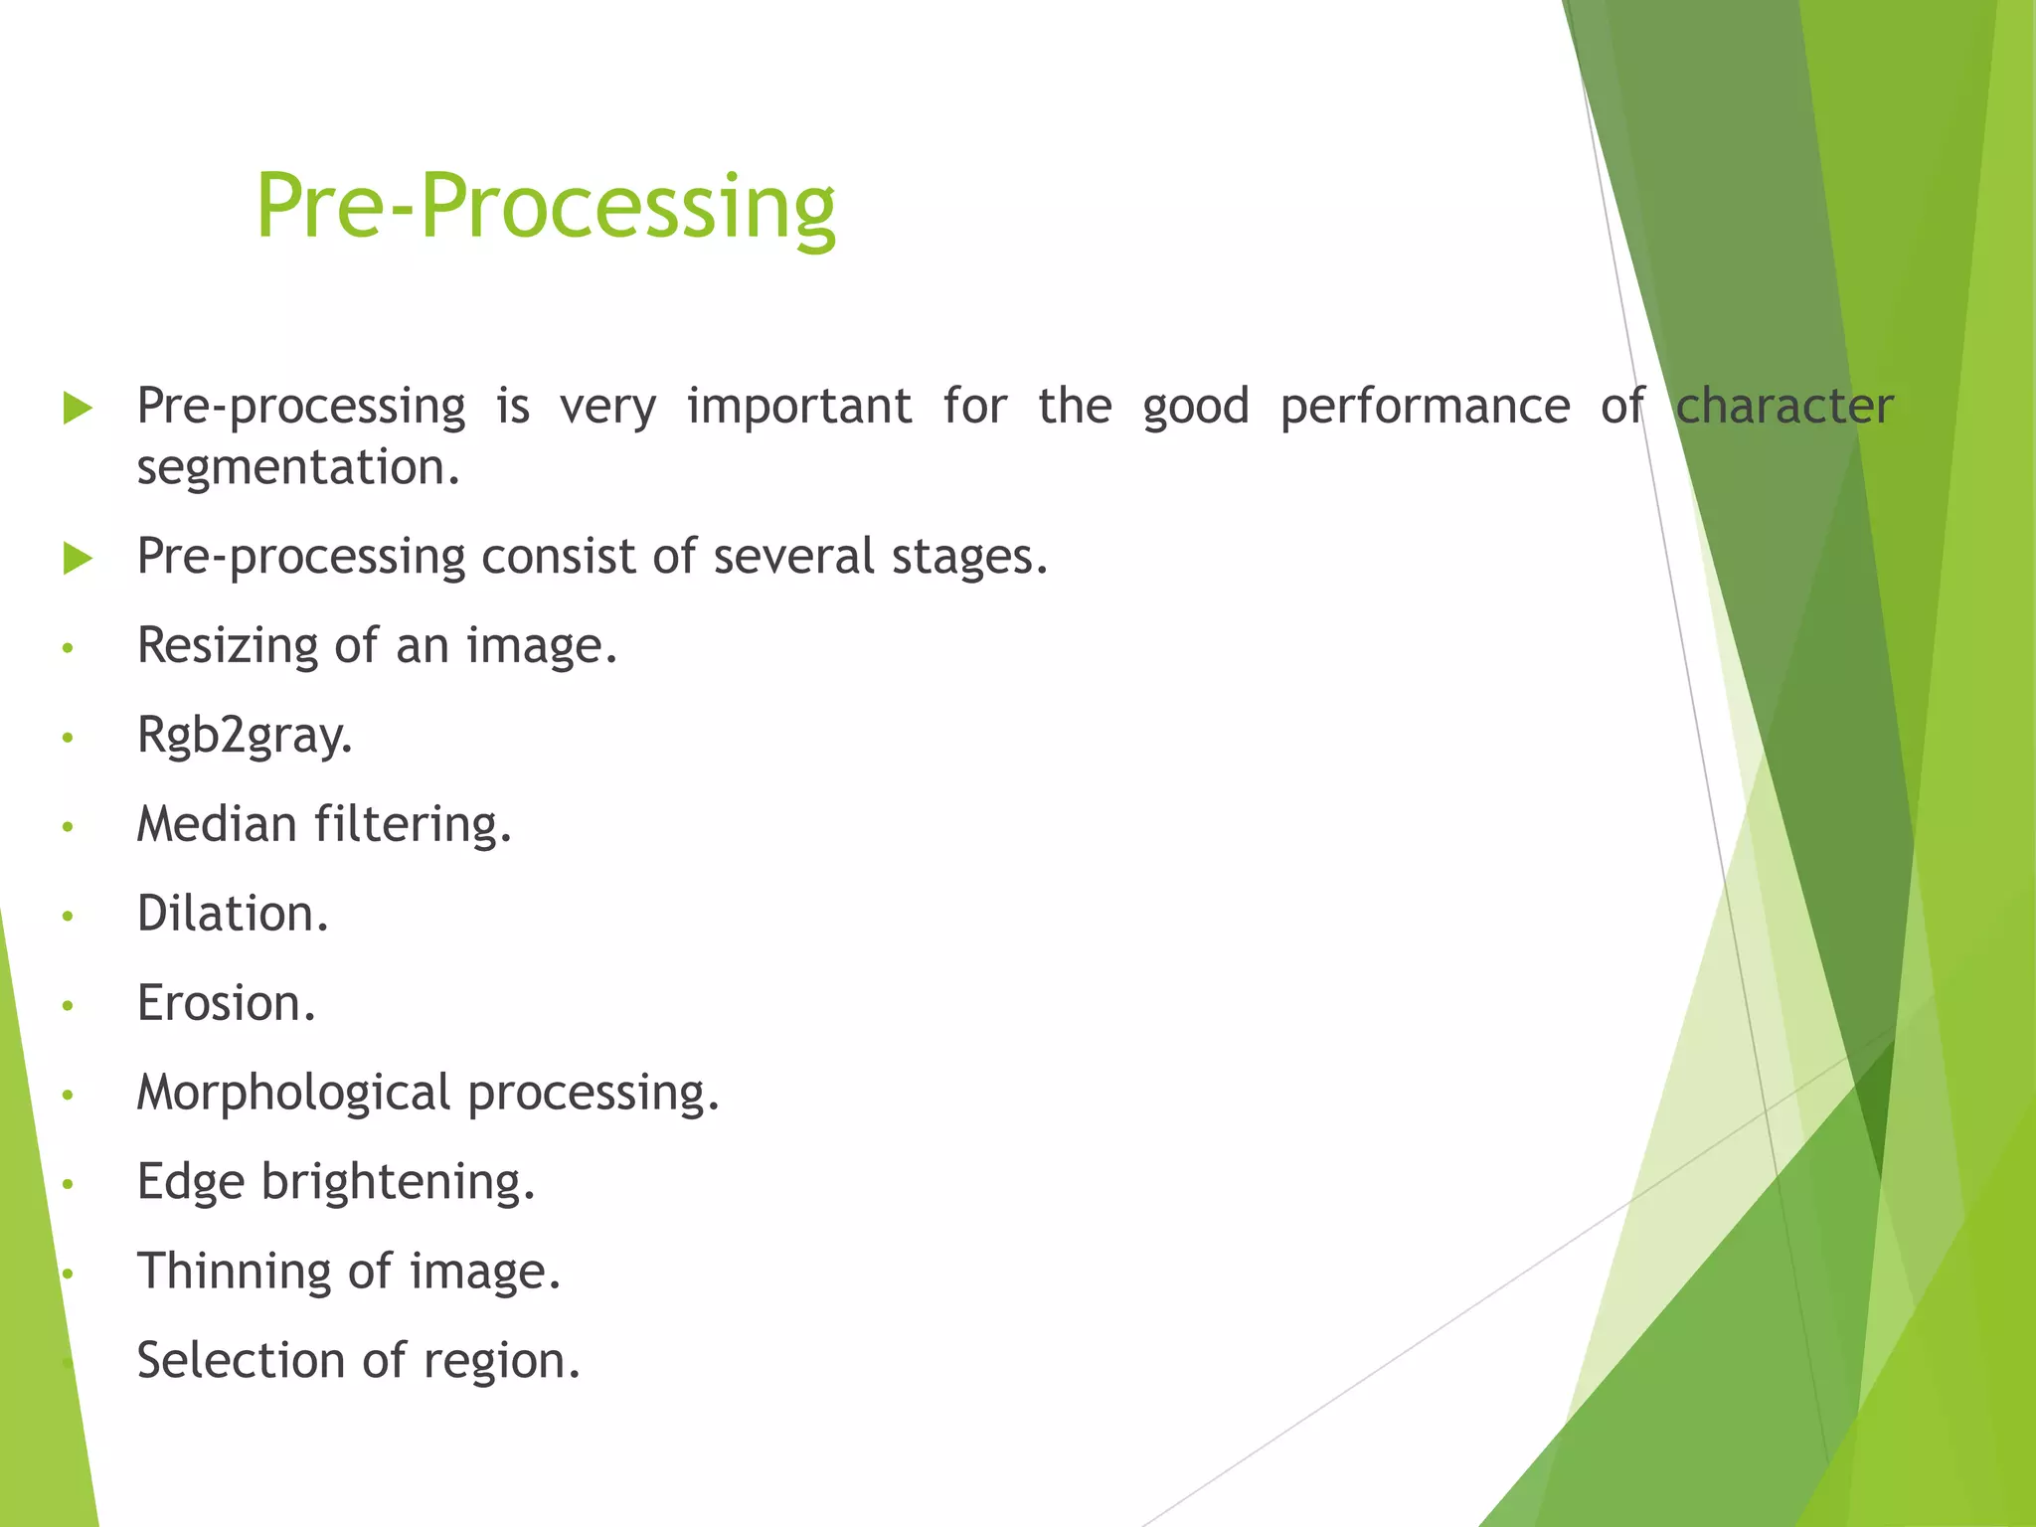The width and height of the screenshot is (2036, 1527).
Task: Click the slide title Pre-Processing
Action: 545,207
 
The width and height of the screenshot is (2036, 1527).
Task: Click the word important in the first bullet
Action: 799,407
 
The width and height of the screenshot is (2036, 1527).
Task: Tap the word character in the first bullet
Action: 1784,407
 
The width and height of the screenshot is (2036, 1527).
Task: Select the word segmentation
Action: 298,467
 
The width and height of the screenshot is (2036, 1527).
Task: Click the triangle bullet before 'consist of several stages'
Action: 78,558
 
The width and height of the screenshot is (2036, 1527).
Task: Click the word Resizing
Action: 228,646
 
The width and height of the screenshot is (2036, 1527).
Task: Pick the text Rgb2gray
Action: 245,736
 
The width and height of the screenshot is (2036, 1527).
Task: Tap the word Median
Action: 217,824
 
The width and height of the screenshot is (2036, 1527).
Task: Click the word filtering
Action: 413,824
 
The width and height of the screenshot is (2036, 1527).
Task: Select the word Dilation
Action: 232,914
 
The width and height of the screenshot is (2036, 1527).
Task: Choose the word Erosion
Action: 226,1003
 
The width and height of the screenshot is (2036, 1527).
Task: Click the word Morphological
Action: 293,1093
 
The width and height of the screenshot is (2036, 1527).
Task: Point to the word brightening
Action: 398,1182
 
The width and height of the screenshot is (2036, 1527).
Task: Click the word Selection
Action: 241,1360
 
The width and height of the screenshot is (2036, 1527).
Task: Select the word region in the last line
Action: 501,1362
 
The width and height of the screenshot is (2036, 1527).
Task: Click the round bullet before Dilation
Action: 68,916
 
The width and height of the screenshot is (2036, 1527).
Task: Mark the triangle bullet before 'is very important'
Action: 78,408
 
